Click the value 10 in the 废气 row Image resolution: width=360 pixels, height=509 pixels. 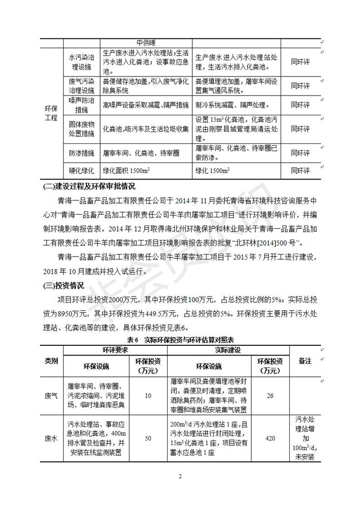[x=147, y=396]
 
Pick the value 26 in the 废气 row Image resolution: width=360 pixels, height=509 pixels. [x=270, y=396]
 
